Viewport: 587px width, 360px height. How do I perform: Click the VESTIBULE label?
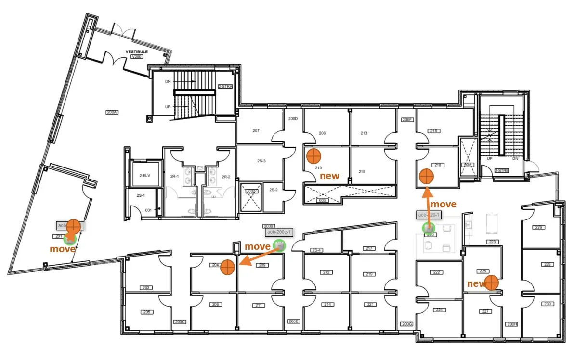(x=136, y=51)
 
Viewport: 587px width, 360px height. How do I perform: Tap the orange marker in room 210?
(x=313, y=155)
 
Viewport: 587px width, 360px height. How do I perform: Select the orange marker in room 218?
(x=426, y=176)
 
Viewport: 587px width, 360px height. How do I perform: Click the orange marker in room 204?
(x=227, y=267)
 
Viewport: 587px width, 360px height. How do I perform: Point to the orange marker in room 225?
(x=491, y=283)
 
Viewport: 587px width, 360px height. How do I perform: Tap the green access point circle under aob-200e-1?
(x=279, y=245)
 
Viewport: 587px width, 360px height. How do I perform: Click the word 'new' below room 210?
(x=330, y=176)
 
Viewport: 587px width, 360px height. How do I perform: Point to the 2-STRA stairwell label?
(x=225, y=87)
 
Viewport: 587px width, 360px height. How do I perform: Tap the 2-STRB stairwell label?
(x=501, y=170)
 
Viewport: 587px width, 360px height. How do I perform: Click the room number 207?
(x=256, y=131)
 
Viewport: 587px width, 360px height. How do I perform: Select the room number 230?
(x=547, y=304)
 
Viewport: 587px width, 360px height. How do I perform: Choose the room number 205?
(x=147, y=312)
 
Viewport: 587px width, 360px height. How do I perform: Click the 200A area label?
(x=112, y=112)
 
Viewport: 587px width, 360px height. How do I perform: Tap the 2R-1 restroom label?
(x=174, y=177)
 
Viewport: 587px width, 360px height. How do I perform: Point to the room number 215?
(x=362, y=172)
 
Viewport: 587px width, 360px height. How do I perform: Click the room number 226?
(x=539, y=227)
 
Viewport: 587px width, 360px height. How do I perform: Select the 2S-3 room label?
(x=261, y=161)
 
